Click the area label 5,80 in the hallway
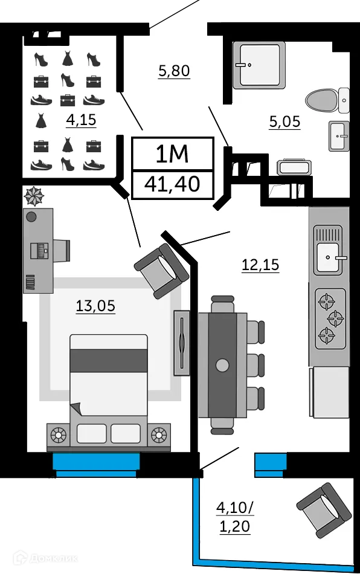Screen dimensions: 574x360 click(x=174, y=71)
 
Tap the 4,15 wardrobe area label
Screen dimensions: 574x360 click(x=81, y=120)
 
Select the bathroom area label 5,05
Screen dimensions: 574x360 click(x=284, y=122)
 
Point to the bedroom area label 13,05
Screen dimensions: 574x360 click(x=95, y=306)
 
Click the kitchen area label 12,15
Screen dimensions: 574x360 click(x=260, y=265)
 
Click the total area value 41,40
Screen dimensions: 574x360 click(x=173, y=184)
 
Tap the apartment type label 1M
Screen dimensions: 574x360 click(x=173, y=155)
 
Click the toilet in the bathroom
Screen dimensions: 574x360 click(x=327, y=100)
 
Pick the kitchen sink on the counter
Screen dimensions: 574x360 click(x=328, y=257)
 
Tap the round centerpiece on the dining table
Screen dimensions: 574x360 click(x=223, y=365)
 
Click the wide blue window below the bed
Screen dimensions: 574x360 click(x=96, y=463)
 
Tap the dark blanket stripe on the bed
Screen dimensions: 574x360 click(x=109, y=361)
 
